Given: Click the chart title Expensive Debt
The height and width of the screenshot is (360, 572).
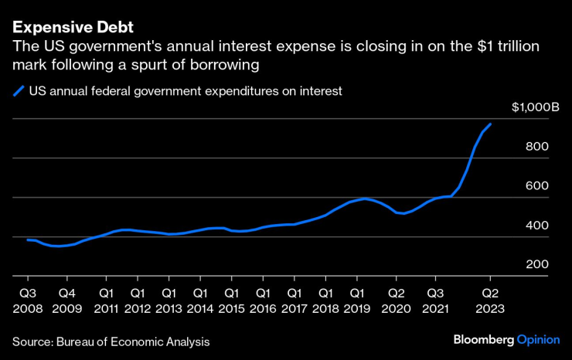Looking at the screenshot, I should point(73,28).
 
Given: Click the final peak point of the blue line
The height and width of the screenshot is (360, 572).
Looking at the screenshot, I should point(490,124).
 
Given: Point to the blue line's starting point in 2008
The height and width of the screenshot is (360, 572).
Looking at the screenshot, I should point(28,239).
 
